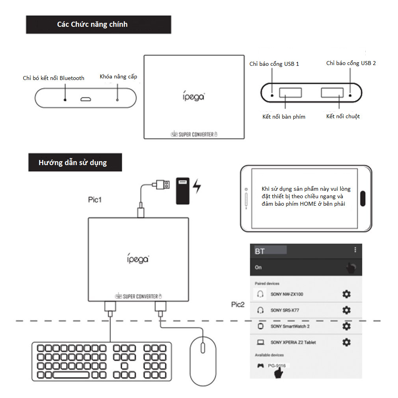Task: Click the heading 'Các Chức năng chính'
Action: tap(92, 24)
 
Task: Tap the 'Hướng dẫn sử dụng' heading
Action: tap(73, 162)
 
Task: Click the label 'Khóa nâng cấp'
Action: tap(119, 76)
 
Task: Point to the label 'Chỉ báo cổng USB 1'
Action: tap(274, 64)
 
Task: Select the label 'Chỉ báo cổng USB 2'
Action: tap(351, 63)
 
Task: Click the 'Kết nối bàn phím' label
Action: tap(284, 117)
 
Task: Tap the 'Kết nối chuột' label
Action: tap(343, 116)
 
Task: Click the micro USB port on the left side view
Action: tap(86, 99)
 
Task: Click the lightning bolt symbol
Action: tap(197, 186)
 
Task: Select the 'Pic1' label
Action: tap(95, 200)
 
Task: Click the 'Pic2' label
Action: tap(238, 305)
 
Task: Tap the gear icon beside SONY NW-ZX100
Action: tap(346, 294)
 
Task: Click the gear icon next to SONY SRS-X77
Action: tap(346, 310)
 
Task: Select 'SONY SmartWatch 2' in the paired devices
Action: tap(290, 326)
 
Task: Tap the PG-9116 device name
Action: tap(277, 366)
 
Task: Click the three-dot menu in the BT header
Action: tap(355, 250)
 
